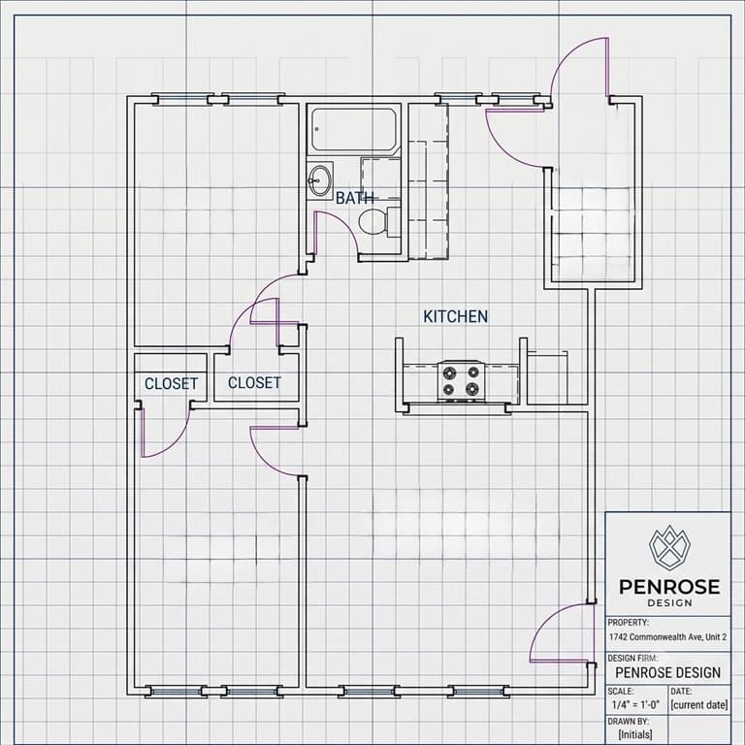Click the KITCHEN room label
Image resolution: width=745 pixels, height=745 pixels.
[x=455, y=316]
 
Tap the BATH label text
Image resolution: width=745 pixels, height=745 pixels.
[x=354, y=198]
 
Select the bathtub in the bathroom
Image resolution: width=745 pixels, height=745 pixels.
[x=353, y=130]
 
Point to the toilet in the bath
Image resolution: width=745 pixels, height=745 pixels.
[x=378, y=221]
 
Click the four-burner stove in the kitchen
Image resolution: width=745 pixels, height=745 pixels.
[x=461, y=381]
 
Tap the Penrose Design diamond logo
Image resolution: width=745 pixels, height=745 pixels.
[x=669, y=548]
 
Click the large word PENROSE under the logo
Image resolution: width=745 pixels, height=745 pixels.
[x=669, y=587]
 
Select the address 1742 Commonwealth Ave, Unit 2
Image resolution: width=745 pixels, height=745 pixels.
[x=667, y=637]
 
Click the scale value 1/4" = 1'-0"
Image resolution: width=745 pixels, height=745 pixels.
[x=635, y=704]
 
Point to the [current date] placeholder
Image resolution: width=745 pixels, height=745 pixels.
[x=698, y=704]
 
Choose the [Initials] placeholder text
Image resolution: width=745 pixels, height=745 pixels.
[x=634, y=734]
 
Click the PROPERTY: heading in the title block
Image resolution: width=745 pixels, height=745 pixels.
[x=629, y=623]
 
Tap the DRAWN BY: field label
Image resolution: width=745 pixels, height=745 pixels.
[x=629, y=722]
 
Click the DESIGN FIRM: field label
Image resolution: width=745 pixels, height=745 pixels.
[x=632, y=658]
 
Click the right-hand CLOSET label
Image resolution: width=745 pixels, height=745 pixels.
[x=254, y=383]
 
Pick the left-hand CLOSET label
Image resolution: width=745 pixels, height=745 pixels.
[x=171, y=384]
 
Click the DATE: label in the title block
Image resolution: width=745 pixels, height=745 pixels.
[x=681, y=692]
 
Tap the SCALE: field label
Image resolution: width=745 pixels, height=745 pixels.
[x=621, y=692]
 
